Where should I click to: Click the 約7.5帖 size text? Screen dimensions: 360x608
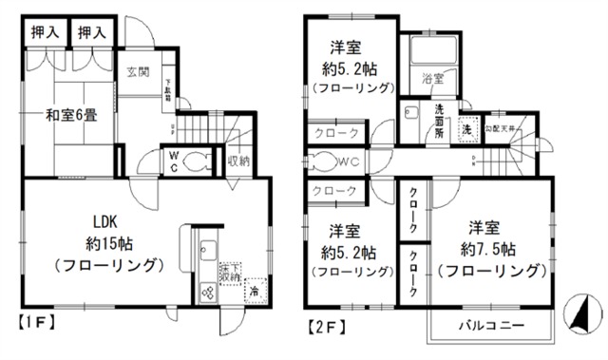tap(490, 253)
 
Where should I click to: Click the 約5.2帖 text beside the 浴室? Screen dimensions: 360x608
tap(350, 68)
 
